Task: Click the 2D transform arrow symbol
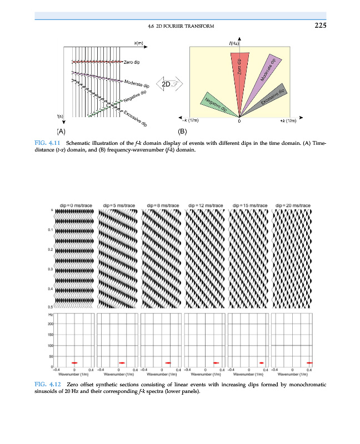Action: pos(168,84)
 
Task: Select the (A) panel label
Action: pos(61,132)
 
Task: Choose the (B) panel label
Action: pos(182,132)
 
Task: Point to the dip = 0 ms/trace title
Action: pos(74,205)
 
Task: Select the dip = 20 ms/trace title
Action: pos(293,205)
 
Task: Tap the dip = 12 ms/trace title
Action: pos(205,205)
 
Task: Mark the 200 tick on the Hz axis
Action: pos(50,324)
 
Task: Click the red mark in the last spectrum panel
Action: pos(309,362)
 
